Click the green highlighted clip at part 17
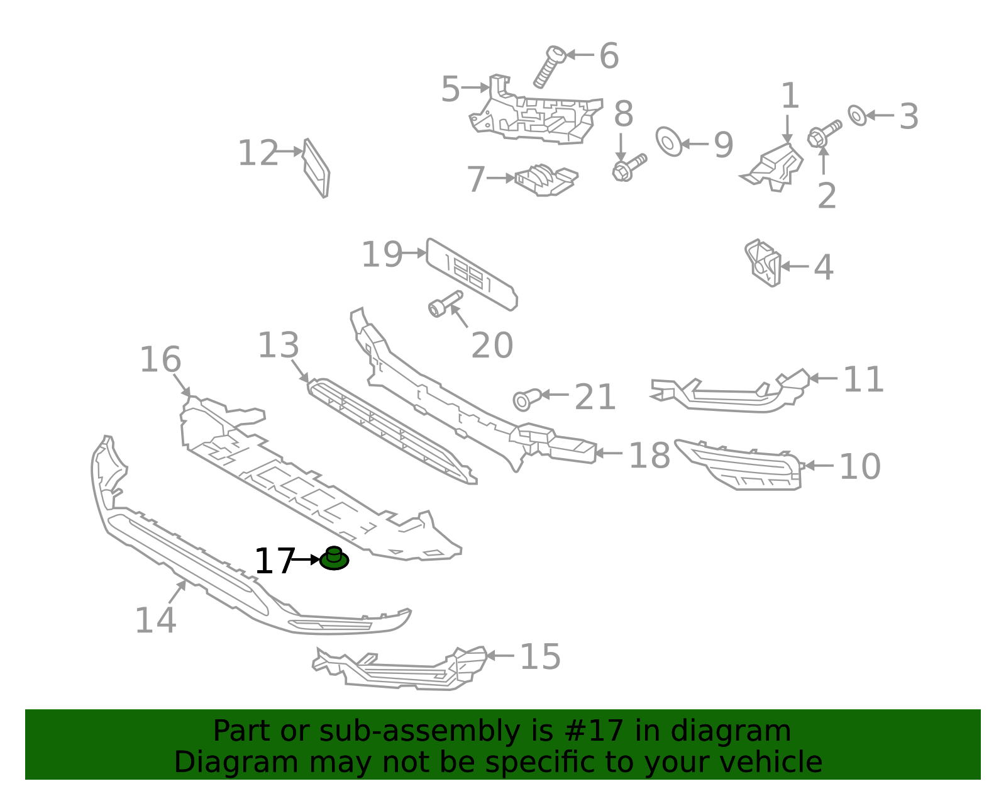pyautogui.click(x=334, y=559)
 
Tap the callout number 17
pyautogui.click(x=274, y=561)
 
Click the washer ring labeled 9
pyautogui.click(x=669, y=142)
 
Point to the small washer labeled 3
pyautogui.click(x=857, y=115)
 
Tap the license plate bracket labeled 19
pyautogui.click(x=472, y=274)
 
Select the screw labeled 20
pyautogui.click(x=445, y=303)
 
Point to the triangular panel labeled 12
pyautogui.click(x=317, y=168)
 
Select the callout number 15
pyautogui.click(x=540, y=656)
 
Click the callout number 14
pyautogui.click(x=155, y=620)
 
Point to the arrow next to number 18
pyautogui.click(x=609, y=452)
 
